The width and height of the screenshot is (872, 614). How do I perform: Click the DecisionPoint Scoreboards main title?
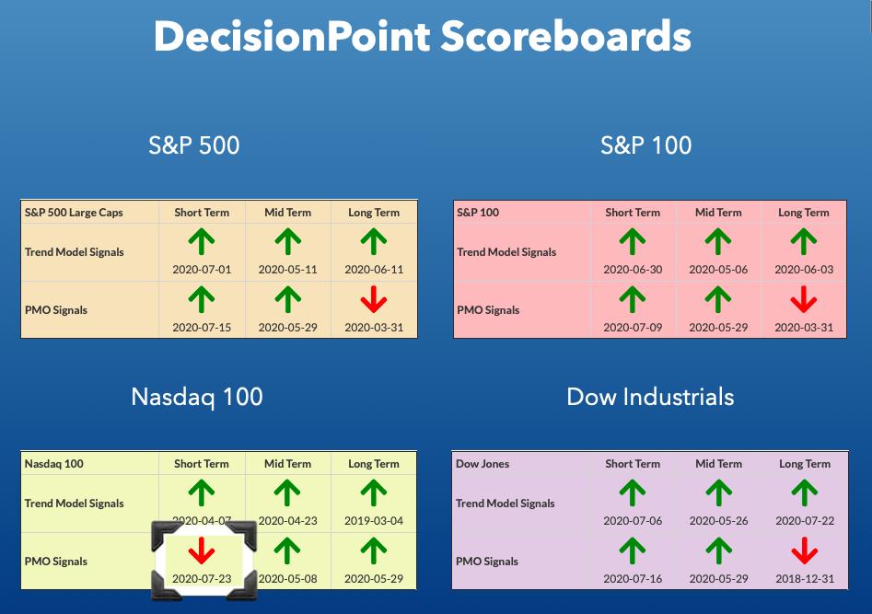pyautogui.click(x=423, y=37)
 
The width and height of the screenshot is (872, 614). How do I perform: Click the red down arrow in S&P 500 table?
pyautogui.click(x=374, y=299)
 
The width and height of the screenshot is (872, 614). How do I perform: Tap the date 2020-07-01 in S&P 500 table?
pyautogui.click(x=202, y=270)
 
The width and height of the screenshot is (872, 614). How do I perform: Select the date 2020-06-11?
pyautogui.click(x=374, y=270)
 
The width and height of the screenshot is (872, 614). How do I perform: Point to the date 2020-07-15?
pyautogui.click(x=202, y=328)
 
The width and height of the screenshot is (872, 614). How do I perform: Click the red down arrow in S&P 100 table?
pyautogui.click(x=804, y=299)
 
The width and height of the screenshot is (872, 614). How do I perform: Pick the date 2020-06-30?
pyautogui.click(x=633, y=270)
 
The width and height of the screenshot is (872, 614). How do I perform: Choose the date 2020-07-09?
pyautogui.click(x=633, y=328)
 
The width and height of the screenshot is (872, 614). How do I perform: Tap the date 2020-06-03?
pyautogui.click(x=804, y=270)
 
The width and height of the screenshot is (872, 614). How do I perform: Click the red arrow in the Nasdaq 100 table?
pyautogui.click(x=202, y=550)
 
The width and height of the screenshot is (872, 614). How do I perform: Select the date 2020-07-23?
pyautogui.click(x=202, y=579)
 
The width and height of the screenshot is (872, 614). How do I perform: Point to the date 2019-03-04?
pyautogui.click(x=374, y=521)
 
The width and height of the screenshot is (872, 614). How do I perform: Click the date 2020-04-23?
pyautogui.click(x=287, y=521)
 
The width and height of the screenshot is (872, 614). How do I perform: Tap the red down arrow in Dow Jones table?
pyautogui.click(x=805, y=550)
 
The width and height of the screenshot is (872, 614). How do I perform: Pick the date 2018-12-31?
pyautogui.click(x=805, y=579)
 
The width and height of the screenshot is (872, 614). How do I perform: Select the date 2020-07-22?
pyautogui.click(x=805, y=521)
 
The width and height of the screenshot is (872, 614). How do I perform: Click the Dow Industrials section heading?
pyautogui.click(x=650, y=397)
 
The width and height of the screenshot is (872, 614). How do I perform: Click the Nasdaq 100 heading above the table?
pyautogui.click(x=197, y=397)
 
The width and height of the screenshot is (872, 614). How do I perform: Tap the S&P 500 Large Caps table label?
pyautogui.click(x=74, y=213)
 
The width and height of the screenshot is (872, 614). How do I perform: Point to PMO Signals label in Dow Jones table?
pyautogui.click(x=486, y=562)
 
